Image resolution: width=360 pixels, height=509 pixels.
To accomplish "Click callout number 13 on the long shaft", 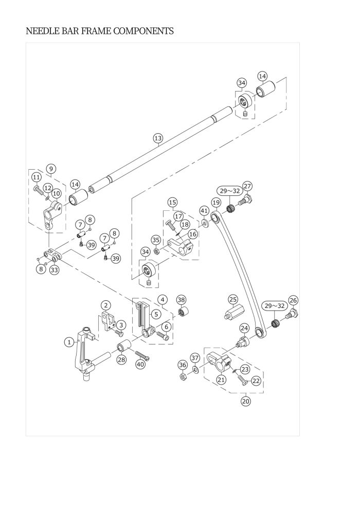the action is point(158,138).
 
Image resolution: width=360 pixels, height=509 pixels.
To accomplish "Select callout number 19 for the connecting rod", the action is point(216,202).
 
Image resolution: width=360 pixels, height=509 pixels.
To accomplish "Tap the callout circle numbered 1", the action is point(69,342).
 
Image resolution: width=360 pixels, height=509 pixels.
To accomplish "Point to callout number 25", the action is point(233,299).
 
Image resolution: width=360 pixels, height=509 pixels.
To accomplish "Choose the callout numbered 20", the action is point(246,401).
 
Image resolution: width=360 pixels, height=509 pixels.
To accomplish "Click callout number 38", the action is point(181,300).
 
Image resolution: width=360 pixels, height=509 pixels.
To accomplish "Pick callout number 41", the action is point(204,210).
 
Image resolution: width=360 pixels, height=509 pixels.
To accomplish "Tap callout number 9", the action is point(51,169).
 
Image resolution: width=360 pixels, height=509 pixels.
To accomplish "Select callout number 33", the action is point(55,269).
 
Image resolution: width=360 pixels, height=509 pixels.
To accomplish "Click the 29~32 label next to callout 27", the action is point(230,191).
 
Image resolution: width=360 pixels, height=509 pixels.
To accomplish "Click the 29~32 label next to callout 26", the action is point(275,306).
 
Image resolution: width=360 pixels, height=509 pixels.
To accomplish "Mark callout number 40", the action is point(140,364).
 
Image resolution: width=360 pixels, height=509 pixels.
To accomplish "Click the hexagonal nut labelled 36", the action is point(183,377).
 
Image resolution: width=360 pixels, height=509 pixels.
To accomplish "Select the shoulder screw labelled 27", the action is point(245,199).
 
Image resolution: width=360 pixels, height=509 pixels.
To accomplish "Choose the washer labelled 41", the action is point(204,223).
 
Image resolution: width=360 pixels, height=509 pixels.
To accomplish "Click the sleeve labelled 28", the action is point(123,346).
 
